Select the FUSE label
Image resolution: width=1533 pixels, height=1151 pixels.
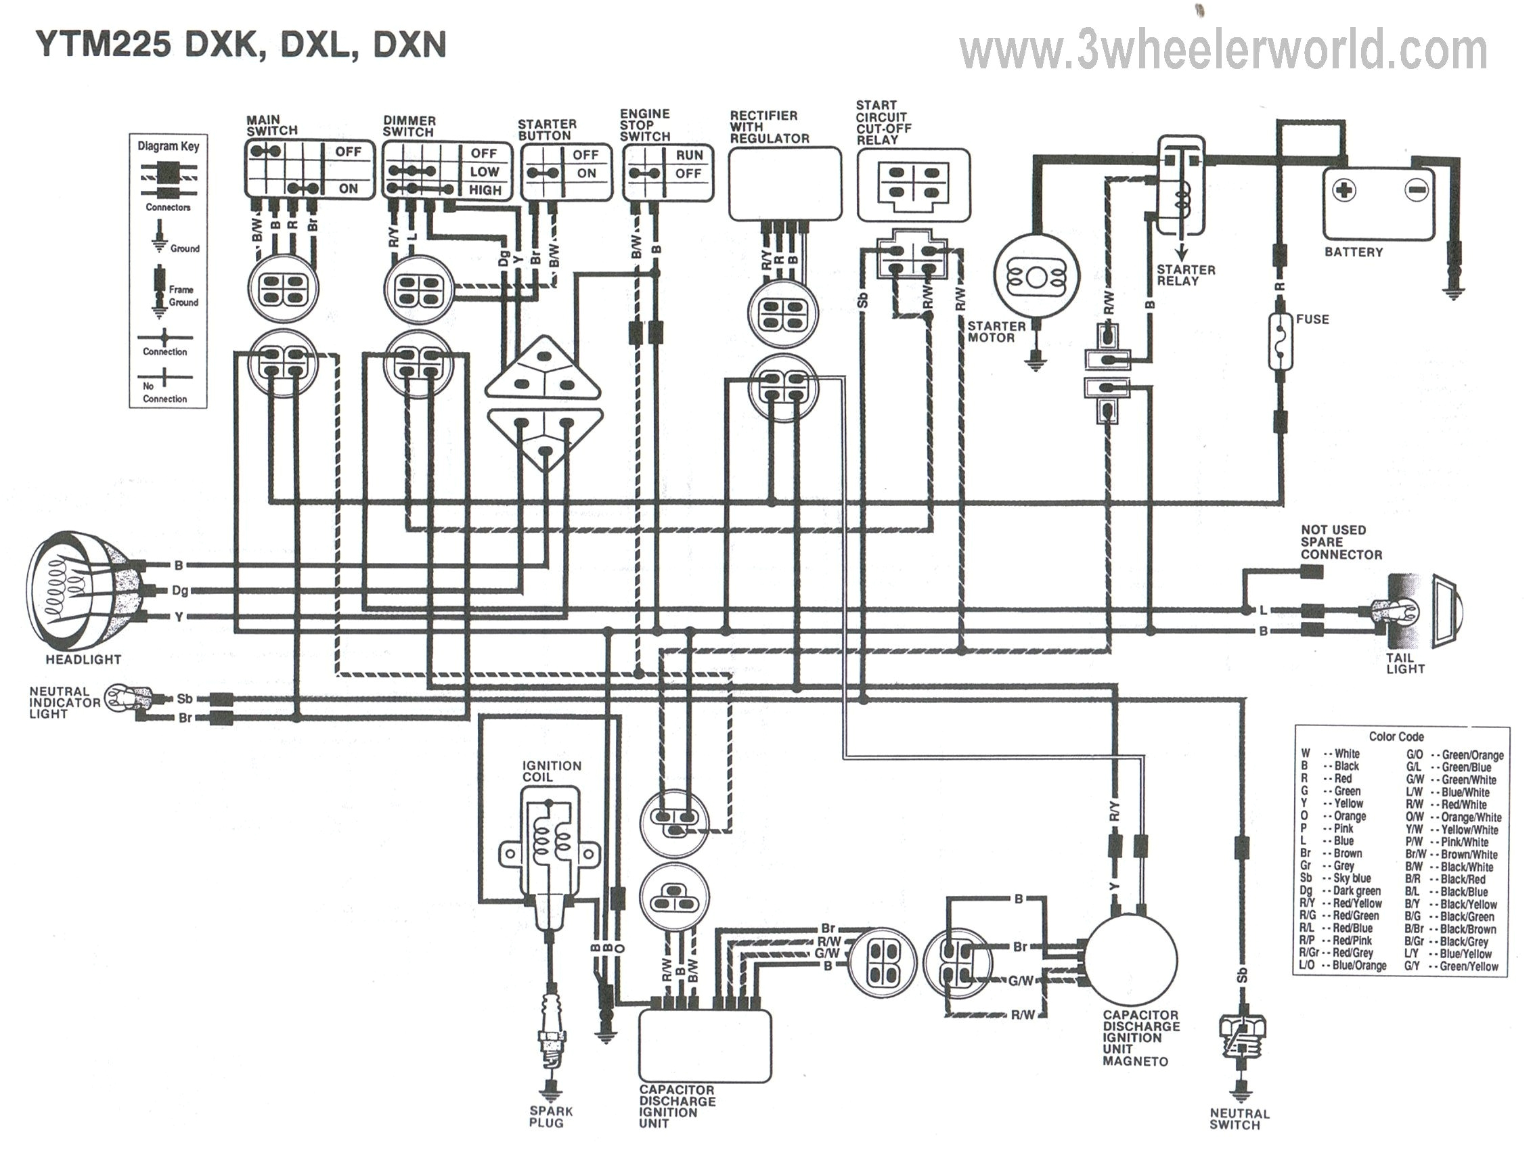click(1312, 319)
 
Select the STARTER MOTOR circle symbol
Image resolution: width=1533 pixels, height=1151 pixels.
click(1036, 278)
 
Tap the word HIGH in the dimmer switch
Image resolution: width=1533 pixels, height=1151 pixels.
click(485, 190)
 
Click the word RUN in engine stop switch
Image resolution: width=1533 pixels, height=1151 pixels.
click(689, 155)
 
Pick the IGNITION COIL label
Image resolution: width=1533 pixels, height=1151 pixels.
click(552, 771)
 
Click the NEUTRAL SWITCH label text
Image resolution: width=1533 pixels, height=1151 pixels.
click(1239, 1119)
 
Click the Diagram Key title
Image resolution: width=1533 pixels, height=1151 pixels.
click(169, 146)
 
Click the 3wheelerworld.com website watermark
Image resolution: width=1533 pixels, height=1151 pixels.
click(1223, 50)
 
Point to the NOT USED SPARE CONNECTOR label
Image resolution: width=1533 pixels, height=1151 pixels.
click(1340, 542)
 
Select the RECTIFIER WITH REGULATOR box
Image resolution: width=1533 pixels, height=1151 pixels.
click(784, 184)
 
